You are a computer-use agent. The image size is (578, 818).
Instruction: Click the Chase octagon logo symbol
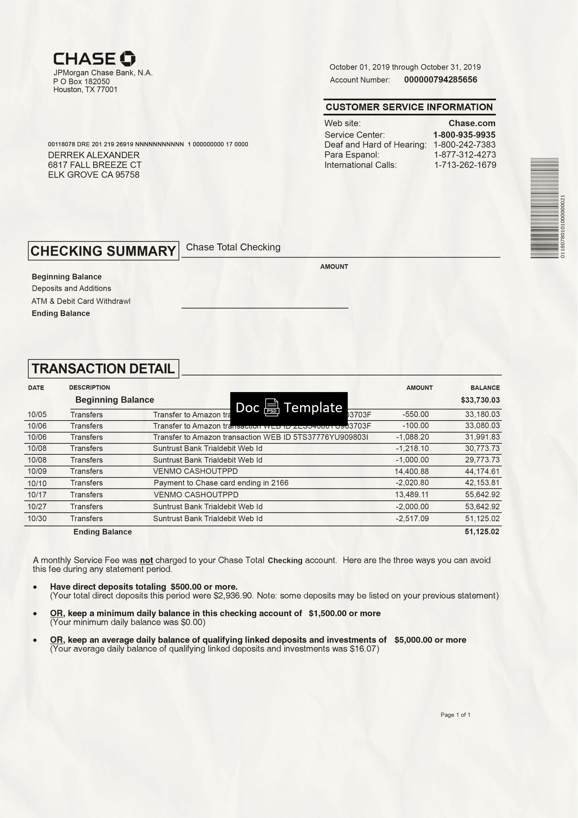(x=127, y=59)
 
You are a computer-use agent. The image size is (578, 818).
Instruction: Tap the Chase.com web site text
(x=472, y=123)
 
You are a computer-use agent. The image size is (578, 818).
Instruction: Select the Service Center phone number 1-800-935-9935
(x=464, y=135)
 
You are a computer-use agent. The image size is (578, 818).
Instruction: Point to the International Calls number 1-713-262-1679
(x=465, y=165)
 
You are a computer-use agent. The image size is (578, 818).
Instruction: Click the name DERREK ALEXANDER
(x=94, y=155)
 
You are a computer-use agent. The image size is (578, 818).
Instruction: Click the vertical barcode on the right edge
(x=544, y=208)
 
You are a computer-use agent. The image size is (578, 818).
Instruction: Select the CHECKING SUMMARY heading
(x=103, y=251)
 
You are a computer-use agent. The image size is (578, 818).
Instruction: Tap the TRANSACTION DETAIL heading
(x=103, y=368)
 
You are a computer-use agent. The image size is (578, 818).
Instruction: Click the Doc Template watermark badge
(x=289, y=408)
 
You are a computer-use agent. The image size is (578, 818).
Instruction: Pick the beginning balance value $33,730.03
(x=480, y=400)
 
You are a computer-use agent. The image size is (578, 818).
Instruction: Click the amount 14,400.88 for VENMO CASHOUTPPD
(x=411, y=471)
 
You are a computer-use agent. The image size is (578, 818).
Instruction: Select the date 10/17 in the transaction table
(x=37, y=495)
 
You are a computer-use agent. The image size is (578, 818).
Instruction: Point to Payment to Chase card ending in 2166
(x=221, y=483)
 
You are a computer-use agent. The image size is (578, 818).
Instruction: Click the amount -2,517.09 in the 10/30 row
(x=412, y=518)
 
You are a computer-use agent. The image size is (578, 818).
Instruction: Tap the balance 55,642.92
(x=482, y=495)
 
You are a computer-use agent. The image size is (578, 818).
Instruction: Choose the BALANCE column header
(x=485, y=388)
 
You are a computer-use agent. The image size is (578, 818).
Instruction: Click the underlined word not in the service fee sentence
(x=146, y=560)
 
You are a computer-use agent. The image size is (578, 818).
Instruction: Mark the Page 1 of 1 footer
(x=455, y=714)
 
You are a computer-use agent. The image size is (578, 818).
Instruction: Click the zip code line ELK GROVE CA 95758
(x=94, y=174)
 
